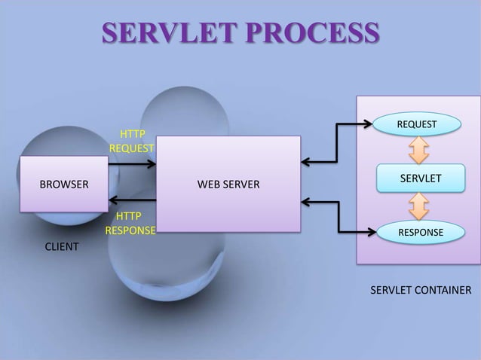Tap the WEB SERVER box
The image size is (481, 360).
coord(228,183)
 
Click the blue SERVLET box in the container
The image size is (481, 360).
coord(420,177)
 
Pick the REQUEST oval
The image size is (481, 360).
coord(416,123)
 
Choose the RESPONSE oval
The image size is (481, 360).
coord(420,233)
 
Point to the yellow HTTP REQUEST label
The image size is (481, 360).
coord(132,140)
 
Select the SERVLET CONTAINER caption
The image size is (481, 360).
coord(420,291)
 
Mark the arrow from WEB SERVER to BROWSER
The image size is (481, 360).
coord(132,200)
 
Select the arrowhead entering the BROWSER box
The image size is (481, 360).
coord(113,200)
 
